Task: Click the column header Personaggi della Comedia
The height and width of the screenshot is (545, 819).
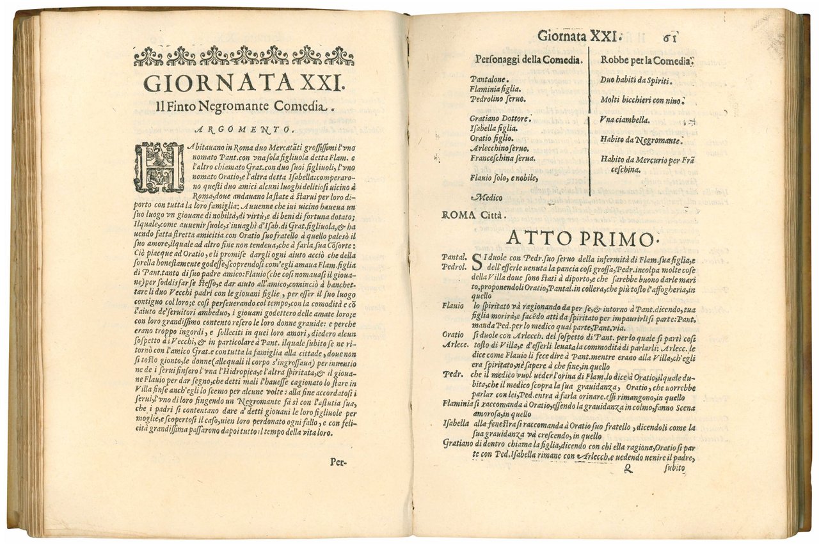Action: (528, 61)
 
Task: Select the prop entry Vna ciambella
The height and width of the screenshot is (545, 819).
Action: (626, 119)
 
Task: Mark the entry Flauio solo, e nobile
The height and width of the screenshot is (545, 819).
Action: (502, 177)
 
